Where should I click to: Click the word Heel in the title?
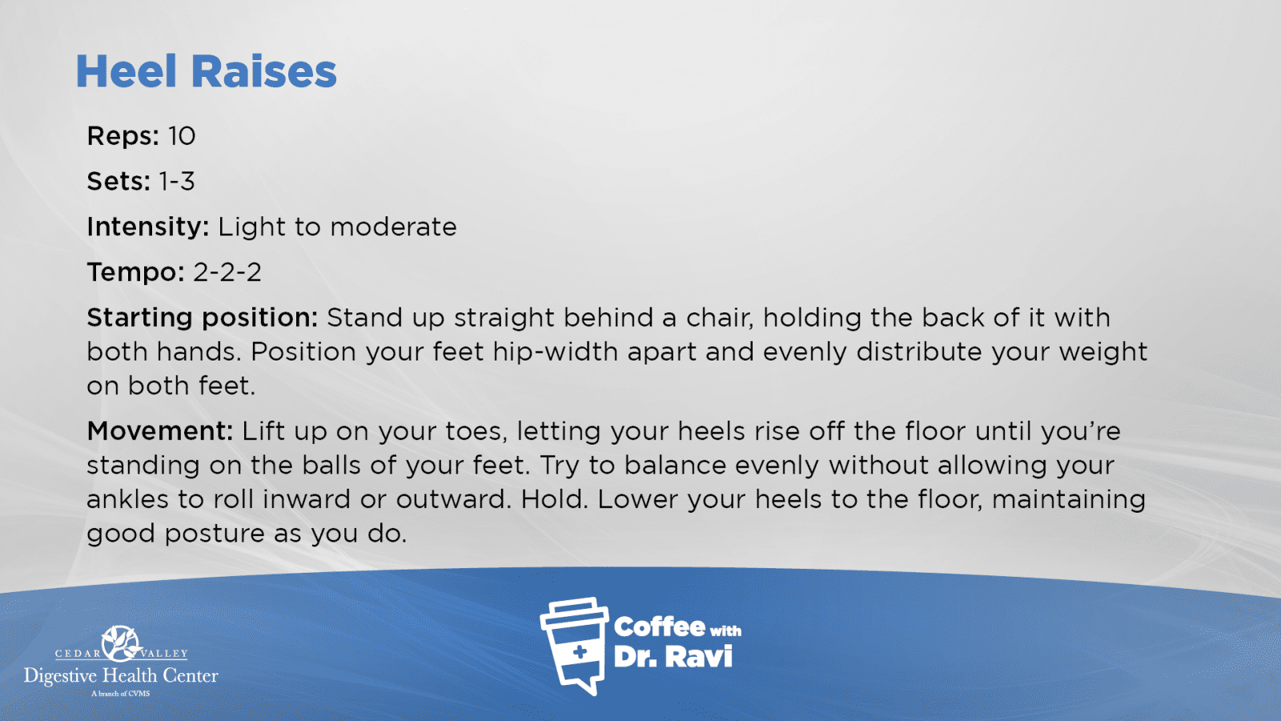click(x=126, y=71)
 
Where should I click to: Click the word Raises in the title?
click(x=263, y=71)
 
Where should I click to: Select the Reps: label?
click(x=123, y=136)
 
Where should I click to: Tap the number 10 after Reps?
click(x=182, y=136)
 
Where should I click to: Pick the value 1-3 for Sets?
click(x=177, y=181)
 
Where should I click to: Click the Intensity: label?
click(x=148, y=228)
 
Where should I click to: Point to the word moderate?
click(x=393, y=228)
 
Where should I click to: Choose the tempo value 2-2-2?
click(x=227, y=272)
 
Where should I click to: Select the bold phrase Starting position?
click(x=203, y=318)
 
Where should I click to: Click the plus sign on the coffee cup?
click(x=580, y=652)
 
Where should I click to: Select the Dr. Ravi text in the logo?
click(x=673, y=656)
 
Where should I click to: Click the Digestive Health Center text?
click(x=121, y=676)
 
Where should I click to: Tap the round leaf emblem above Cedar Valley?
click(x=120, y=643)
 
